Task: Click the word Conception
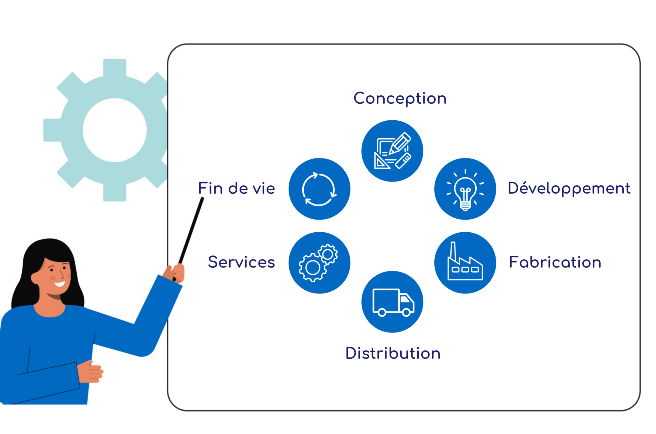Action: pos(400,98)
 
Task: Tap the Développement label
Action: pos(569,188)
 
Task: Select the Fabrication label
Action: pos(555,262)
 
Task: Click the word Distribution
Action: pos(393,353)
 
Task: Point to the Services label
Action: pos(241,262)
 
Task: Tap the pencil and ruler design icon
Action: pos(392,151)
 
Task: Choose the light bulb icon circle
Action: pos(465,189)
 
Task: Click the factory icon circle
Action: pos(465,263)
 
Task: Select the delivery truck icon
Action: pos(392,302)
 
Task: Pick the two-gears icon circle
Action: pos(319,263)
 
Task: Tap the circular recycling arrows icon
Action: pos(319,189)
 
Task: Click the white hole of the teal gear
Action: pos(115,130)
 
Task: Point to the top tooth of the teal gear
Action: pos(115,67)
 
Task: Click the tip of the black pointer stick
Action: pos(202,199)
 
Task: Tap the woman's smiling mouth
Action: pos(60,284)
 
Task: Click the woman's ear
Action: pos(35,278)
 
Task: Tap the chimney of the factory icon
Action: pos(453,251)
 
